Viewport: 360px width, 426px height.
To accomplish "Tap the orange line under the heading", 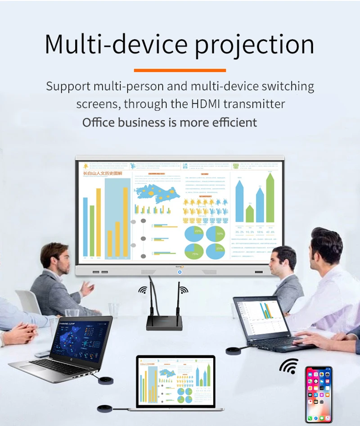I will [x=180, y=70].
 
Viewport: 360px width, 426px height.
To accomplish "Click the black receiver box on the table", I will [x=164, y=322].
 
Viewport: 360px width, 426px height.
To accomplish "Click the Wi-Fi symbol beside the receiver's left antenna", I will [x=143, y=290].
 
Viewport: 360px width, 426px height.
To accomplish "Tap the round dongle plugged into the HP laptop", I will [x=106, y=380].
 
